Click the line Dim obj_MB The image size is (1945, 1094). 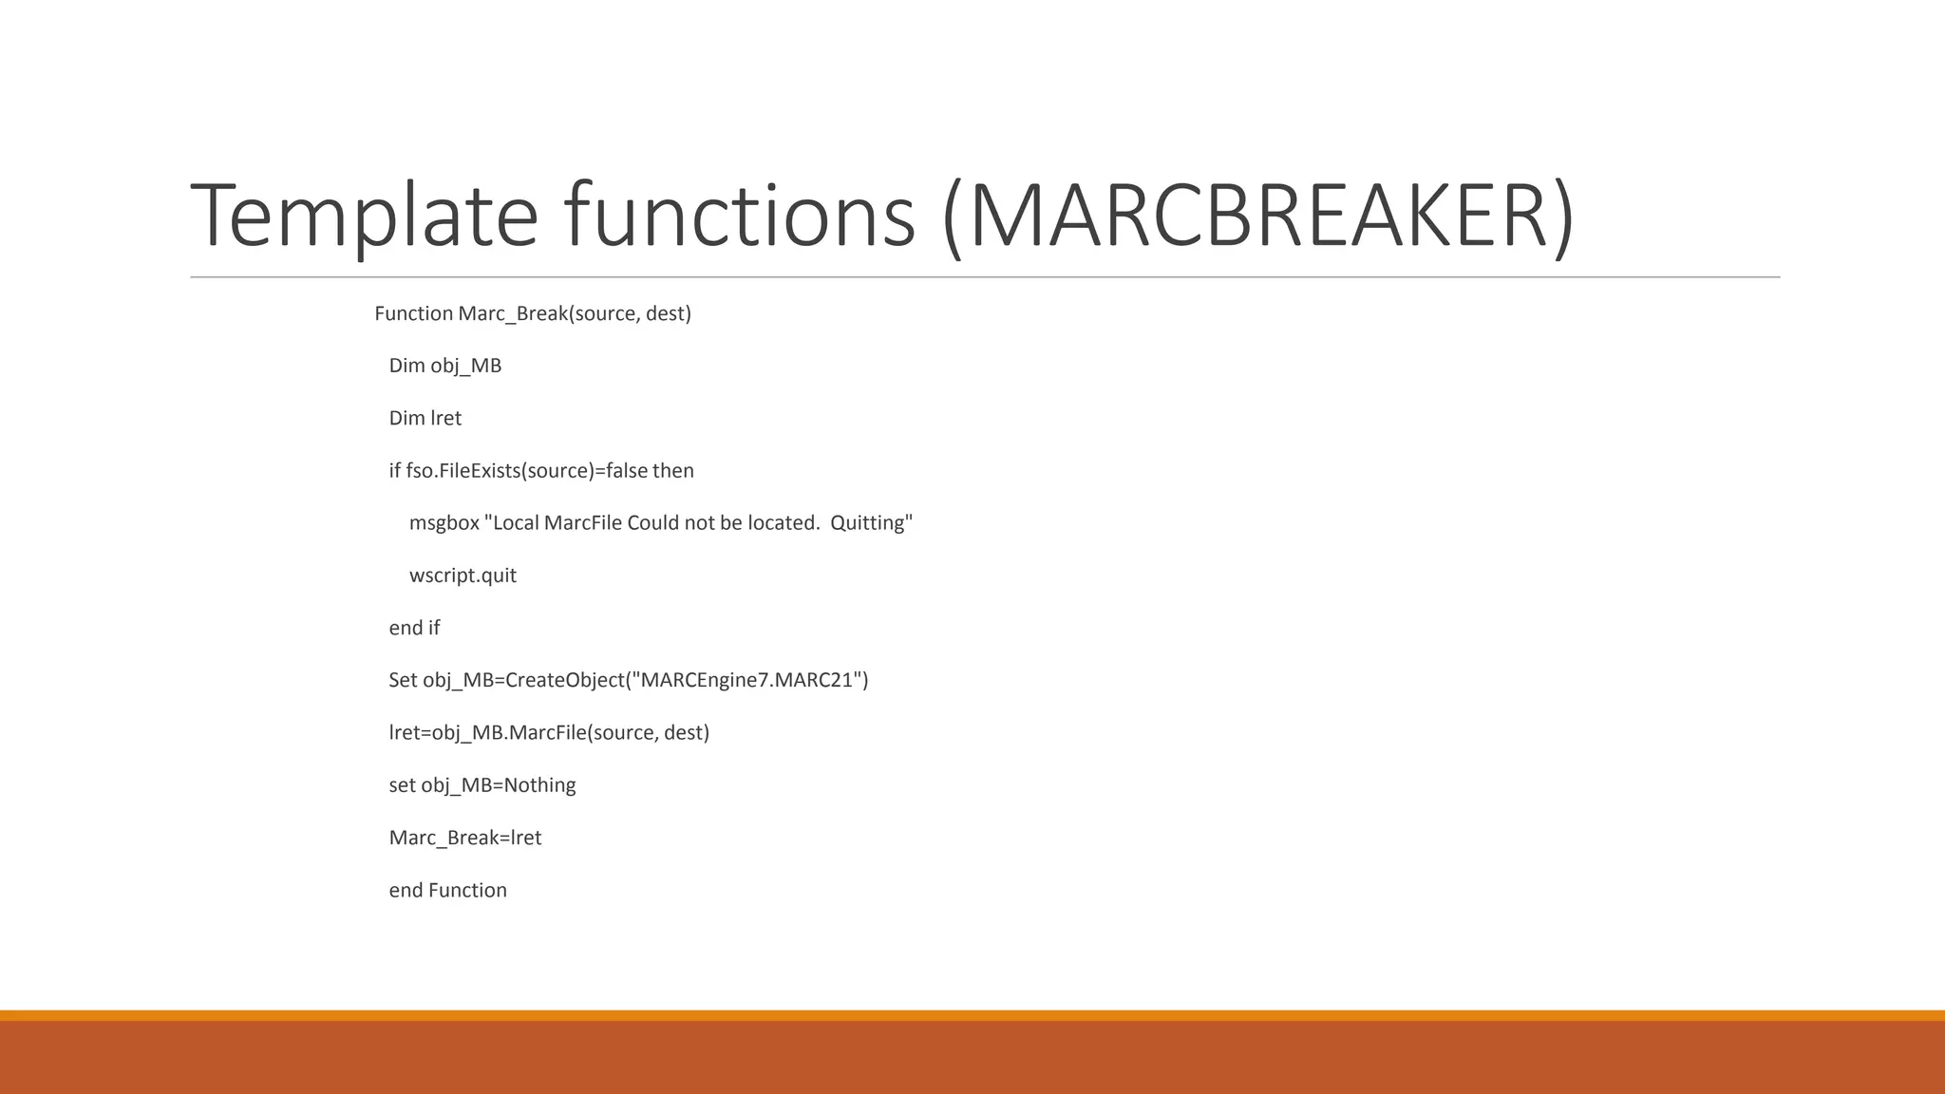pyautogui.click(x=444, y=366)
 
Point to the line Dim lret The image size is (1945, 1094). pyautogui.click(x=425, y=418)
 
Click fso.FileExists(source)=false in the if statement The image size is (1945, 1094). pyautogui.click(x=526, y=471)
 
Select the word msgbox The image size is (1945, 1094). pyautogui.click(x=444, y=523)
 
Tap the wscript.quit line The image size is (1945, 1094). pyautogui.click(x=463, y=575)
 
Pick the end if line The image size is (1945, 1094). pyautogui.click(x=414, y=628)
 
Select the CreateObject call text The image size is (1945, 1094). pyautogui.click(x=564, y=680)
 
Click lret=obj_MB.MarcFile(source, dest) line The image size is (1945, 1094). pyautogui.click(x=549, y=733)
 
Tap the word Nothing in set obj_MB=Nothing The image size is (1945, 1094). pyautogui.click(x=539, y=785)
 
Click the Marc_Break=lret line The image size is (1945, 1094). pyautogui.click(x=464, y=838)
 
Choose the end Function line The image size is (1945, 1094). pyautogui.click(x=447, y=891)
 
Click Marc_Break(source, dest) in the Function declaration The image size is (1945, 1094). pyautogui.click(x=574, y=313)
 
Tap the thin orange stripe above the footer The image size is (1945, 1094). pyautogui.click(x=972, y=1015)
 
